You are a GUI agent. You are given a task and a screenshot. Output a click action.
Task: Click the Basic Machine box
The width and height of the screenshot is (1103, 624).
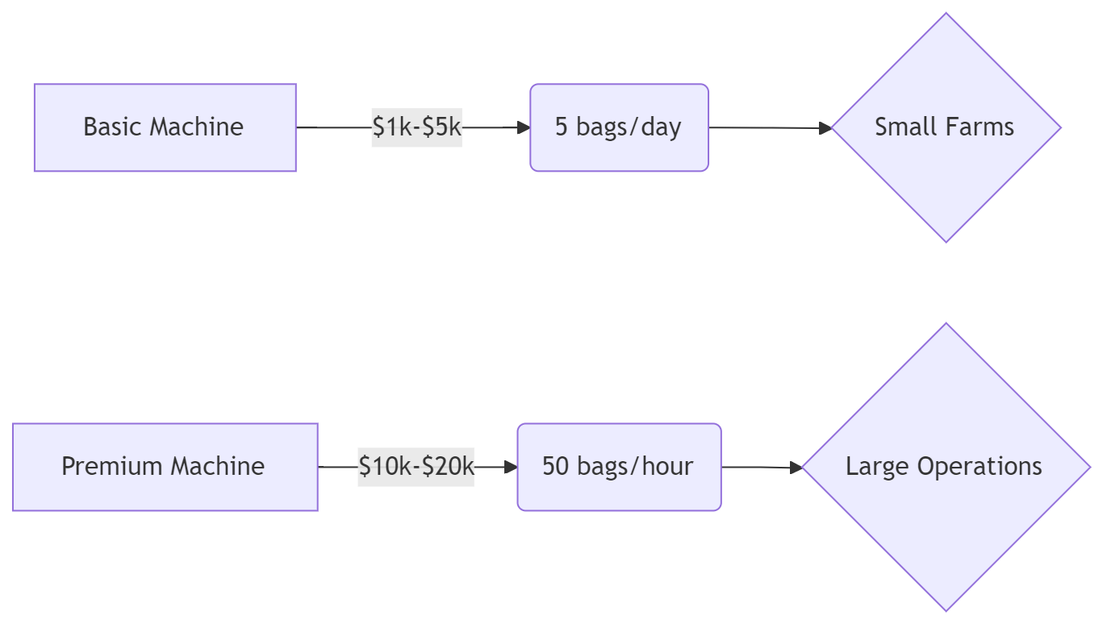click(165, 127)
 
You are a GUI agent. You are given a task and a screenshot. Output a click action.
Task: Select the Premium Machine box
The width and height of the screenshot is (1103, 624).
click(165, 467)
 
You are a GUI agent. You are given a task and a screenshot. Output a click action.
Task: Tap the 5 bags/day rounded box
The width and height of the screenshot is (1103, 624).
click(619, 127)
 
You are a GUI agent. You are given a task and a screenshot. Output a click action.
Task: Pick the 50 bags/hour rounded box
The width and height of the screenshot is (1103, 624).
click(619, 467)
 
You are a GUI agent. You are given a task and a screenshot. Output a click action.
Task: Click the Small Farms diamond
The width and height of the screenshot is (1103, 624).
click(946, 127)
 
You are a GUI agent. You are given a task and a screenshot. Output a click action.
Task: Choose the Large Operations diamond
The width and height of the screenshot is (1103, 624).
click(946, 467)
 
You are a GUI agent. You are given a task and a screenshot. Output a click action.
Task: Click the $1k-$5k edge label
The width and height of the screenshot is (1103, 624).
click(416, 127)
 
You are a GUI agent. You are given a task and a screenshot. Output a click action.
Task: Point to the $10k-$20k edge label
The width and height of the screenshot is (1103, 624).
click(416, 467)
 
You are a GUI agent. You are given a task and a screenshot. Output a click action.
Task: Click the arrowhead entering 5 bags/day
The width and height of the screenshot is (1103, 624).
click(524, 128)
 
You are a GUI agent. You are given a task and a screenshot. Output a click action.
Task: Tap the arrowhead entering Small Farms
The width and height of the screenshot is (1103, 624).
click(825, 128)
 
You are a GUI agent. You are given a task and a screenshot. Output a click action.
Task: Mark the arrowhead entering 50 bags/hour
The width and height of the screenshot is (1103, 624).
click(511, 467)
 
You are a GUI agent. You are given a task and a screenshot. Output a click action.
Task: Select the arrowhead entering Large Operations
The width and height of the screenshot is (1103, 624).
click(796, 468)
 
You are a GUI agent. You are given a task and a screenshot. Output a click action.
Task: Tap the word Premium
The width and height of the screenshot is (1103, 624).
click(113, 466)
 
